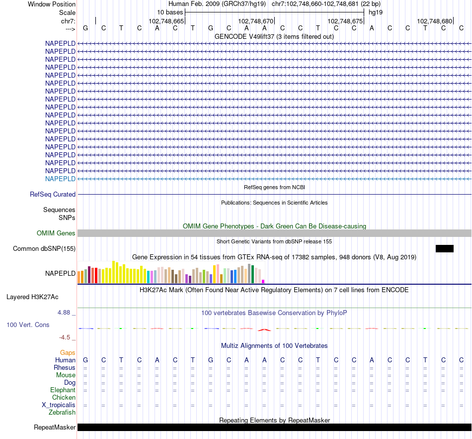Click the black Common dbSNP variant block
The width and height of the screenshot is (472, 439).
pos(444,248)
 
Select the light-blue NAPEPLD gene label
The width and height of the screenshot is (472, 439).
pos(60,179)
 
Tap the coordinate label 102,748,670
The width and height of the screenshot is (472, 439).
pos(256,21)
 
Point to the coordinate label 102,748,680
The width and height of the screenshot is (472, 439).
pos(435,21)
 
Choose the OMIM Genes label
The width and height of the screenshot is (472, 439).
pos(56,233)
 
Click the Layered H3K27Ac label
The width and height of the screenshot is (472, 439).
pos(32,297)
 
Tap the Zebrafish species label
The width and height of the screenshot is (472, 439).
pos(62,413)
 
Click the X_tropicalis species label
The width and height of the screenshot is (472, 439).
pos(59,405)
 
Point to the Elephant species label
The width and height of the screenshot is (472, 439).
pos(63,390)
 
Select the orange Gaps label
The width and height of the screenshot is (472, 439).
pos(68,353)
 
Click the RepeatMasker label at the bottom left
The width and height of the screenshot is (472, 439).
pos(55,428)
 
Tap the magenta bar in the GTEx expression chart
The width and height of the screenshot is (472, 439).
pos(263,282)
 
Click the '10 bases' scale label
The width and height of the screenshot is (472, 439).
pos(170,12)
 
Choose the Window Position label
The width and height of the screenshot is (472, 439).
pos(52,4)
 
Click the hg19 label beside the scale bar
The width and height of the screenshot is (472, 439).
pos(375,12)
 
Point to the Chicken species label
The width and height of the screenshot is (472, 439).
pos(64,398)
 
